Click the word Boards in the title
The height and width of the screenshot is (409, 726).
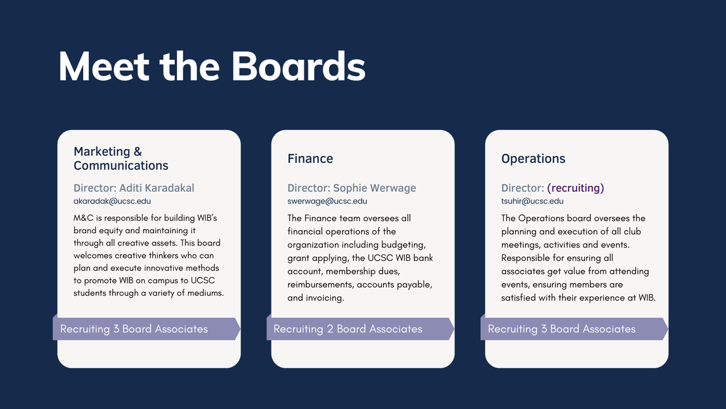[x=298, y=66]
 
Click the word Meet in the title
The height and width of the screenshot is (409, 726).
[x=104, y=66]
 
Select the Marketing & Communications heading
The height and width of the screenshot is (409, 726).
[x=121, y=158]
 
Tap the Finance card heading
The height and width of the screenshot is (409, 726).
[x=310, y=158]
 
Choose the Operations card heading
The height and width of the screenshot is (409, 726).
[x=534, y=158]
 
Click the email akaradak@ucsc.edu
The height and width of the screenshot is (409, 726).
[x=112, y=201]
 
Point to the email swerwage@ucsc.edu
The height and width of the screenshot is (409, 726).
[x=328, y=201]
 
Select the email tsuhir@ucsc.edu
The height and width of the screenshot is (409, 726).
[x=532, y=201]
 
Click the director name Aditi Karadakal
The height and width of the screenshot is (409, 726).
[x=157, y=188]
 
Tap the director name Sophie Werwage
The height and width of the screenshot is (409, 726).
[x=375, y=188]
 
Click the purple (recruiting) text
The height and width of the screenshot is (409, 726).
[x=575, y=188]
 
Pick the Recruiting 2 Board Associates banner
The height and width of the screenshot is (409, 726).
[x=360, y=329]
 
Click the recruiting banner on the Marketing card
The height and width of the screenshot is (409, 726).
[x=146, y=329]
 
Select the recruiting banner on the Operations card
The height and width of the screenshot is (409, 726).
[x=574, y=329]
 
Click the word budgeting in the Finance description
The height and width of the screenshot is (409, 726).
[x=404, y=245]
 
